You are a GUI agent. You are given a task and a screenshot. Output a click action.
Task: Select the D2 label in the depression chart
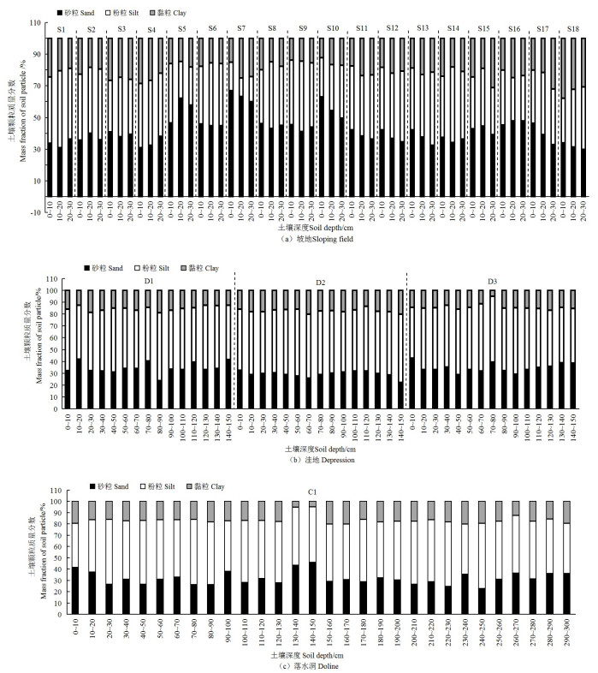click(320, 281)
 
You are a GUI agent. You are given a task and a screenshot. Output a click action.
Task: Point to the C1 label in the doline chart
click(314, 491)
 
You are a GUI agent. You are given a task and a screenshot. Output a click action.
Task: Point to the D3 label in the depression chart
click(493, 281)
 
